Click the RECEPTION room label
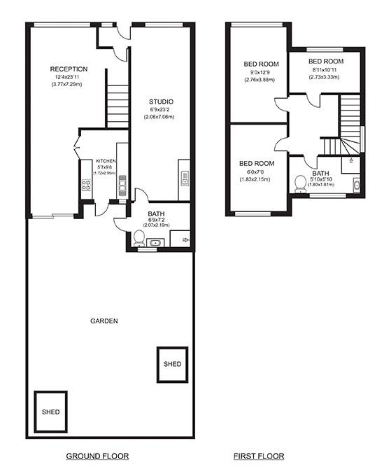click(x=69, y=69)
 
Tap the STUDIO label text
click(x=161, y=102)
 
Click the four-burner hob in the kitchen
click(x=87, y=185)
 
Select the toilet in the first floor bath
click(x=301, y=186)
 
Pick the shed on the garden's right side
click(x=172, y=364)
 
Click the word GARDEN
click(x=104, y=321)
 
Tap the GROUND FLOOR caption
click(x=97, y=456)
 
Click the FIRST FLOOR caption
click(x=259, y=456)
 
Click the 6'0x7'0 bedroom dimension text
click(x=256, y=171)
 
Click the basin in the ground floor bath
click(x=155, y=243)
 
